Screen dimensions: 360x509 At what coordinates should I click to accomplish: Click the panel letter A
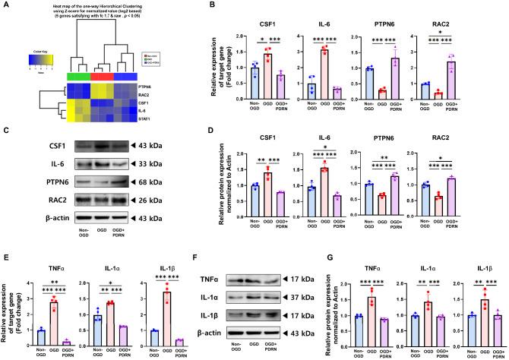(6, 7)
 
